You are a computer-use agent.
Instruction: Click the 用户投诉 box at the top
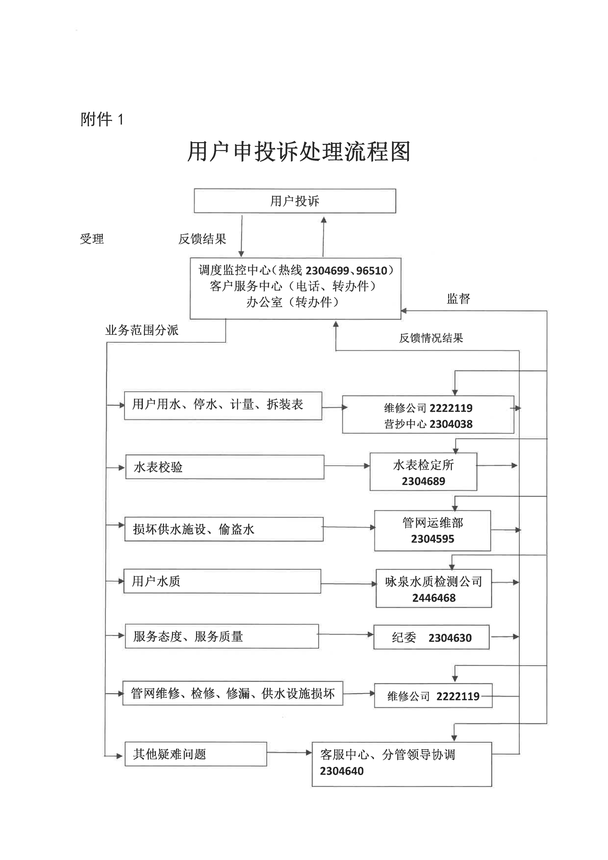click(295, 201)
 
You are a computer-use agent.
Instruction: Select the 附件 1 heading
click(102, 120)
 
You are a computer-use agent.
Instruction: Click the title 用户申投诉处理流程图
click(299, 152)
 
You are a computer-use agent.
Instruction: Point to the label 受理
click(92, 239)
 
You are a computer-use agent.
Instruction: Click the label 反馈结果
click(202, 239)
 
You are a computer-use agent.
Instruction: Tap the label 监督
click(458, 299)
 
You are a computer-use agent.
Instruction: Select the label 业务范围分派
click(142, 330)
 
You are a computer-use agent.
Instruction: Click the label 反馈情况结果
click(431, 338)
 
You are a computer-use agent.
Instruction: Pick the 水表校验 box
click(225, 467)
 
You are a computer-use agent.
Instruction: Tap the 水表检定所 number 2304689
click(423, 481)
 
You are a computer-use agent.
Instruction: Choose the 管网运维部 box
click(432, 530)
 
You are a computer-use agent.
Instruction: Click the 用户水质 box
click(222, 581)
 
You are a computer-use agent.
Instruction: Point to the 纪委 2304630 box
click(431, 637)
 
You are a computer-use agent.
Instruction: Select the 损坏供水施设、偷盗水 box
click(224, 529)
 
